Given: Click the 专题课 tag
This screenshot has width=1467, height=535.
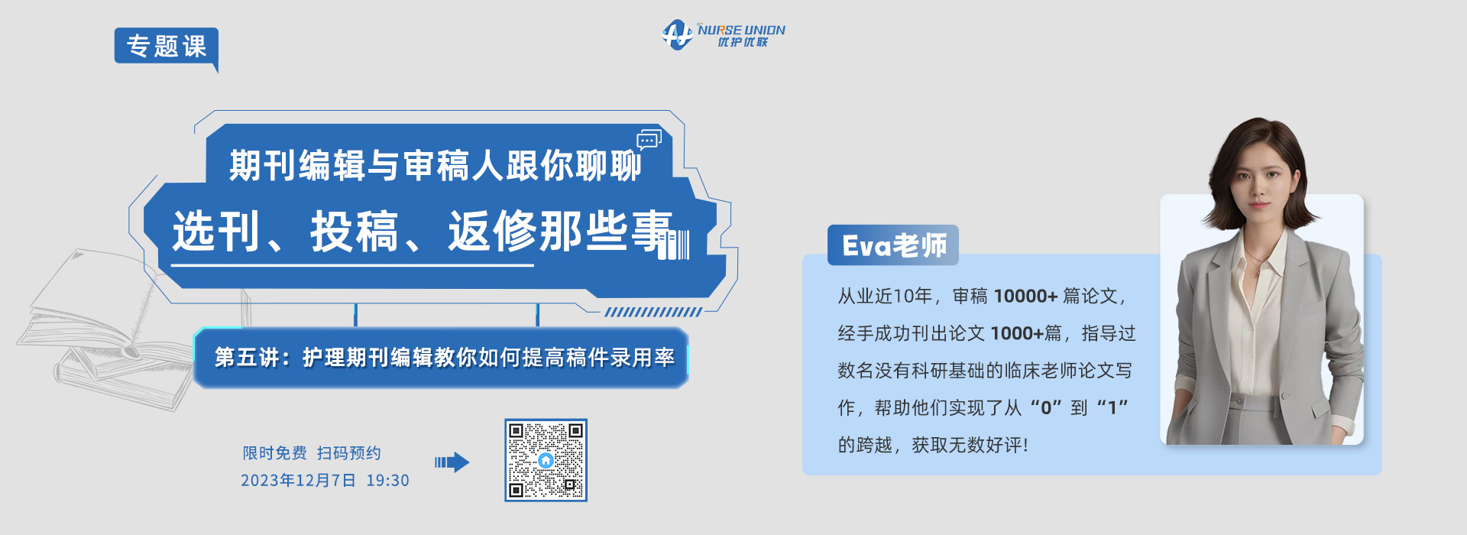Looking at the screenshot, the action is coord(166,47).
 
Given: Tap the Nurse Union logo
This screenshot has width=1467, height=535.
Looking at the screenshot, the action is coord(723,34).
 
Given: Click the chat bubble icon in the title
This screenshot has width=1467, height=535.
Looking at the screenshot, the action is coord(649,140).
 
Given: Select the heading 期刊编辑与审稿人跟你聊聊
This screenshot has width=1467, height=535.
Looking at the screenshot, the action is coord(436,165).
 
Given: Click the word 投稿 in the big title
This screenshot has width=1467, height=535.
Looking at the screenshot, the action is coord(355,232).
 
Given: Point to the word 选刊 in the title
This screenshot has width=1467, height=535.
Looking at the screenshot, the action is coord(216,232).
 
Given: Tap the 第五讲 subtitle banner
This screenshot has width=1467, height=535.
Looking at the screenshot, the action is coord(442,358).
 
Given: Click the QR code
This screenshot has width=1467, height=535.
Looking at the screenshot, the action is coord(546,460).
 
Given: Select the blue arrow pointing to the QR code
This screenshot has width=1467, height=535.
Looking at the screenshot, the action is coord(452,462).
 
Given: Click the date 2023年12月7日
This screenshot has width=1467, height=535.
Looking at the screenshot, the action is coord(298,481).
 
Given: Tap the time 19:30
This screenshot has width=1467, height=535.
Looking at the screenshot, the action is coord(387,481).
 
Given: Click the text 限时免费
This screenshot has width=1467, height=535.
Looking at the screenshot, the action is coord(275,453).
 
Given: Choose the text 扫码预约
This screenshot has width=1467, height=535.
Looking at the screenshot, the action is coord(349,453).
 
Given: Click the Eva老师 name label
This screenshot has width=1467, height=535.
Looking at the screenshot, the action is coord(893,245).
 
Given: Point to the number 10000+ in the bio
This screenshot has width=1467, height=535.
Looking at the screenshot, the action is coord(1025,297).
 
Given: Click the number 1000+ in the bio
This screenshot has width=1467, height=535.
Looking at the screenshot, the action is coord(1017,334).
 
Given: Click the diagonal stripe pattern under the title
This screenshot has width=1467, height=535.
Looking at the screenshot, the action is coord(653,312).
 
